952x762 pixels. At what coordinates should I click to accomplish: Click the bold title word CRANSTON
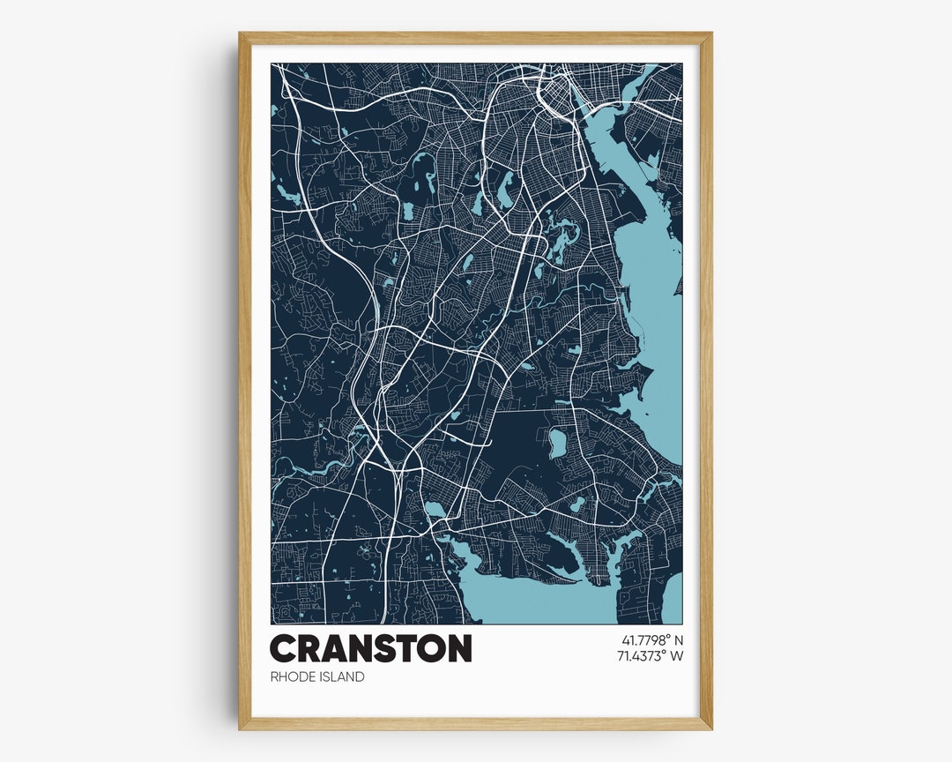370,648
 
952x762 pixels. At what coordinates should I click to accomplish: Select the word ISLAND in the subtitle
343,676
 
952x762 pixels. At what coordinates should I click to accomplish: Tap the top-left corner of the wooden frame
241,34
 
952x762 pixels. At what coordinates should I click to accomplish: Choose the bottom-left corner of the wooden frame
241,728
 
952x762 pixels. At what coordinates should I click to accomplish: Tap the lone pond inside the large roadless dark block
557,443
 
